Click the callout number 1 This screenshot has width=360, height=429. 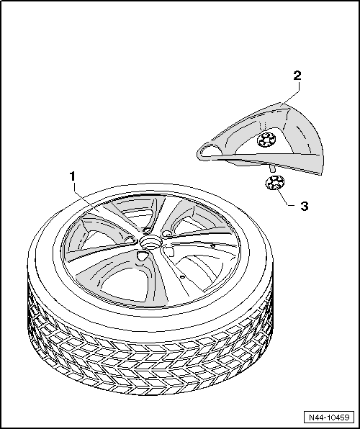pos(72,176)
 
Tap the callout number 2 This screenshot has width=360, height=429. pos(297,76)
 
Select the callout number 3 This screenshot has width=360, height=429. pos(305,206)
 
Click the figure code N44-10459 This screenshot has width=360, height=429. pos(329,417)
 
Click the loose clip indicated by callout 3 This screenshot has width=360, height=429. pos(275,183)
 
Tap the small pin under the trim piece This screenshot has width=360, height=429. pos(272,169)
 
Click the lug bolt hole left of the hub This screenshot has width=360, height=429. pos(130,240)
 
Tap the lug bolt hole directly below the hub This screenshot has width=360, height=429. pos(142,256)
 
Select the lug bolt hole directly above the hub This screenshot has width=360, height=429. pos(147,230)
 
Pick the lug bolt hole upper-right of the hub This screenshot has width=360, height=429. pos(167,233)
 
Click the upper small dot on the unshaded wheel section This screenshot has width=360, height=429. pos(212,245)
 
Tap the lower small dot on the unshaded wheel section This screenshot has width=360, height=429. pos(182,277)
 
